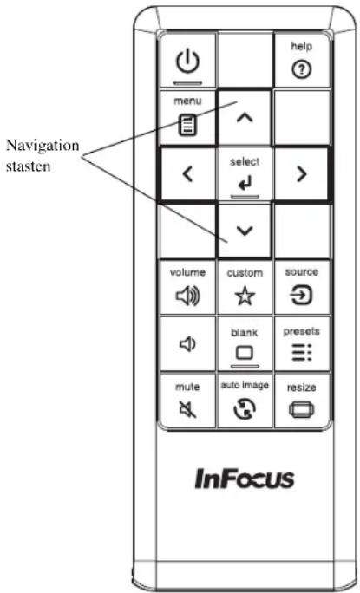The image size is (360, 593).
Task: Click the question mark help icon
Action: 301,69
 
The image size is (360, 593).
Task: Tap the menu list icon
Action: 187,126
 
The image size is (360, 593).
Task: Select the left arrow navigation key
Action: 187,174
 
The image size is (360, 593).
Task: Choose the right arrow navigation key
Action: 301,174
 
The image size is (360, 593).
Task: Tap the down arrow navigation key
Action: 245,231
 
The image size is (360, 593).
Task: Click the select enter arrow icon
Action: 245,184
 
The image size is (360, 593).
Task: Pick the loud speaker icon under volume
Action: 188,296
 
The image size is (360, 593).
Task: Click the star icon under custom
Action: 245,296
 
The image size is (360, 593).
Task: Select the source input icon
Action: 301,295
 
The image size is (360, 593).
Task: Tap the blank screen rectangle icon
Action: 245,353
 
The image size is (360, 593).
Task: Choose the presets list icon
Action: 302,353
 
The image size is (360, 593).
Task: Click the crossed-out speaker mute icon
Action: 187,409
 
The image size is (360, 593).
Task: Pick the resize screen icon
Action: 302,409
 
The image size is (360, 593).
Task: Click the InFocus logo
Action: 245,479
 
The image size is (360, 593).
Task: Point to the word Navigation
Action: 43,146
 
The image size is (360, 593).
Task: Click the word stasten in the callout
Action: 28,166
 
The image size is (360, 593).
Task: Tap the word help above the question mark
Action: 301,46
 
